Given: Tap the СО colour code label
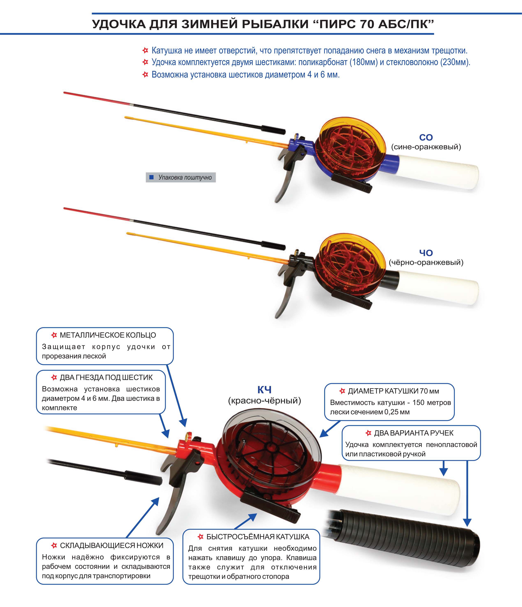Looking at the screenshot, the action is pos(426,137).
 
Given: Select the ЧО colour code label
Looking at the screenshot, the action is pos(426,253).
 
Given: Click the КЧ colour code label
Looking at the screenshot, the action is pos(265,390).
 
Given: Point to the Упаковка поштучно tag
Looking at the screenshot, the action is pos(181,177).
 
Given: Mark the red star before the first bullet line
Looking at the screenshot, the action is pos(145,51).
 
